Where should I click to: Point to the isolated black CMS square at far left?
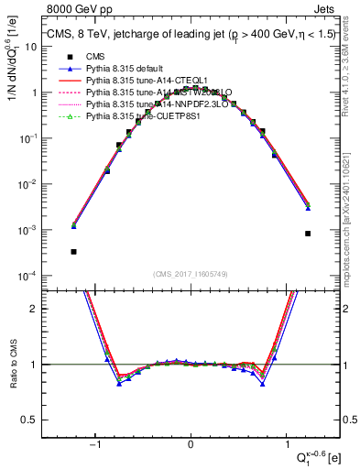click(73, 251)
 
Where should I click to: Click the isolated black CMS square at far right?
click(309, 234)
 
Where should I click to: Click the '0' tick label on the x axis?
click(191, 444)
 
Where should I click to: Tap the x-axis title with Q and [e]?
click(311, 455)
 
